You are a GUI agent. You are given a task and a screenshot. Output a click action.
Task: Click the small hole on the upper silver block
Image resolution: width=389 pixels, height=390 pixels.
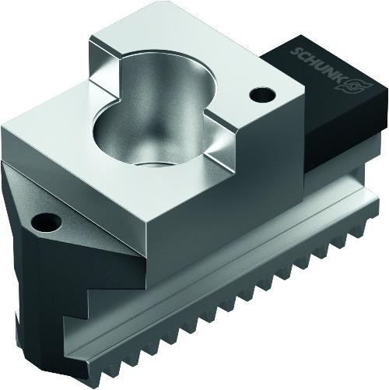(262, 94)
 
